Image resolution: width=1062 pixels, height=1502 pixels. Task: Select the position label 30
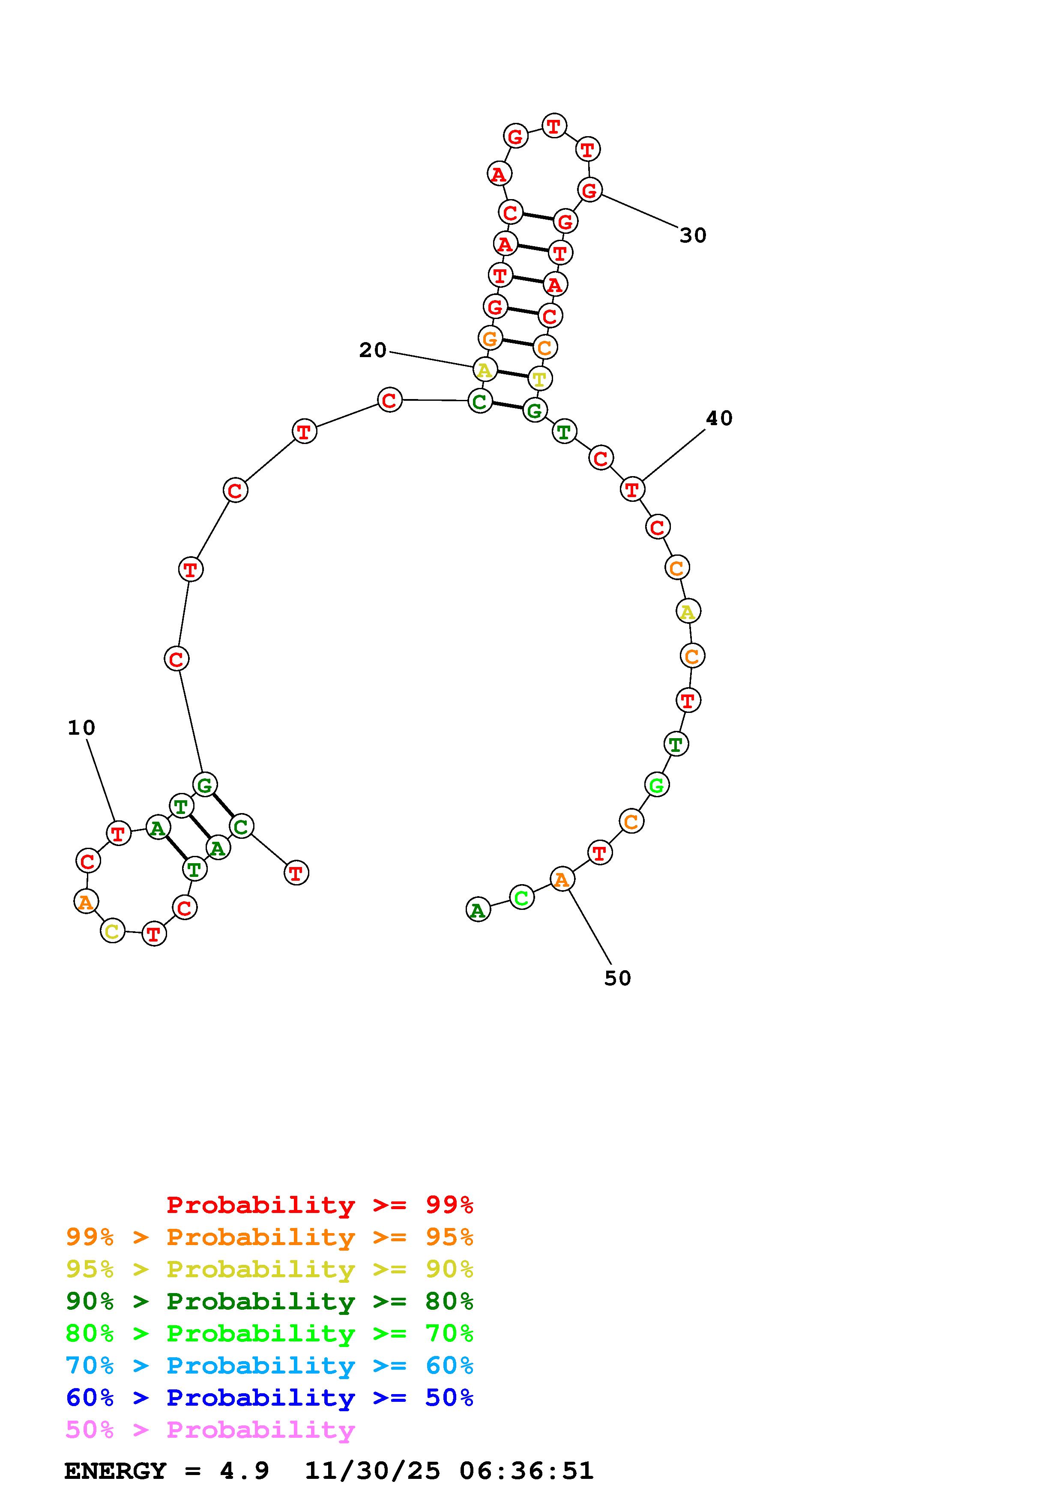pos(693,235)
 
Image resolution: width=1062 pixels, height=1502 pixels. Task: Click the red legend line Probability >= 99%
pos(320,1205)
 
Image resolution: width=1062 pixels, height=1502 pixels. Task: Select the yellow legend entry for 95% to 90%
pos(269,1270)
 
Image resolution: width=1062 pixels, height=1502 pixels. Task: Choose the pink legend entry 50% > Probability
pos(210,1430)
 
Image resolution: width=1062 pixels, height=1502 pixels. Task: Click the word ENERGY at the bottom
pos(115,1471)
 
